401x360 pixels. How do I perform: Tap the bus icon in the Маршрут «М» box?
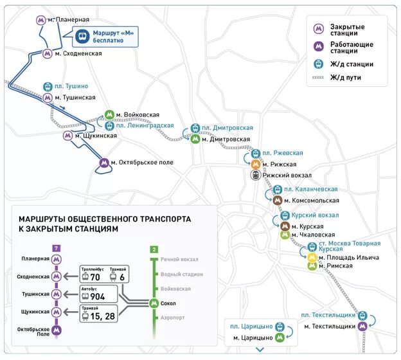(x=82, y=37)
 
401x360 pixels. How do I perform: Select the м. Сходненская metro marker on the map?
(x=48, y=54)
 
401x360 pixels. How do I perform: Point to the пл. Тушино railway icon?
(x=48, y=86)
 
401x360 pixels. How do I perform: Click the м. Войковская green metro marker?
(x=109, y=114)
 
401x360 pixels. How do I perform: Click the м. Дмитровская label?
(x=226, y=139)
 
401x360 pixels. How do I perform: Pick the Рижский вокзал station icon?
(x=255, y=175)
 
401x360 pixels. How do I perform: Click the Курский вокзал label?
(x=315, y=215)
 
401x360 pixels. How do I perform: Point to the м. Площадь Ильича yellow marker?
(x=312, y=257)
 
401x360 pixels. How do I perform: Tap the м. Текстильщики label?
(x=330, y=327)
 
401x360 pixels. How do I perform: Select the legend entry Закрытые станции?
(x=347, y=30)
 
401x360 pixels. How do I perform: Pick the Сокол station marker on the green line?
(x=154, y=303)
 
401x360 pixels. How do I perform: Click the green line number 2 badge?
(x=154, y=249)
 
